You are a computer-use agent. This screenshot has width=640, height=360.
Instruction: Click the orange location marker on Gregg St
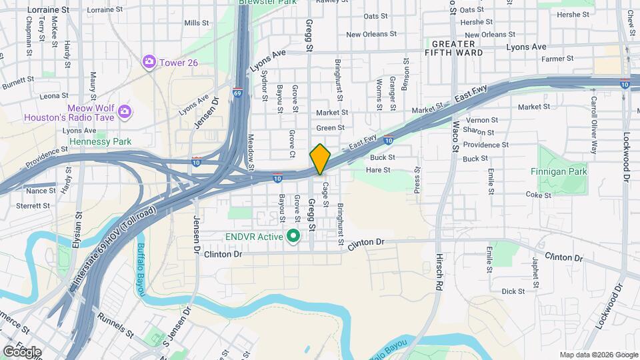click(x=320, y=159)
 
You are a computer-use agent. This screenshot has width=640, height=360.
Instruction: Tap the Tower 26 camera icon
click(x=149, y=62)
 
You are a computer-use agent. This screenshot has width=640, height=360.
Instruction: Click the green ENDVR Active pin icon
click(x=292, y=236)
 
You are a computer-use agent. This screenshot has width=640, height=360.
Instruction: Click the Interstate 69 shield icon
click(x=237, y=93)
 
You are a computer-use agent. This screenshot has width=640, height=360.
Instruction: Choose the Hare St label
click(x=378, y=170)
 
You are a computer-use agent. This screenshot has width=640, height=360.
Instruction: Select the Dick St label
click(x=513, y=291)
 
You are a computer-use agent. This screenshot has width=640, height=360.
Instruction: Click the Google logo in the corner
click(x=22, y=351)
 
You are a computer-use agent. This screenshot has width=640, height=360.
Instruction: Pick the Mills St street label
click(x=197, y=23)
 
